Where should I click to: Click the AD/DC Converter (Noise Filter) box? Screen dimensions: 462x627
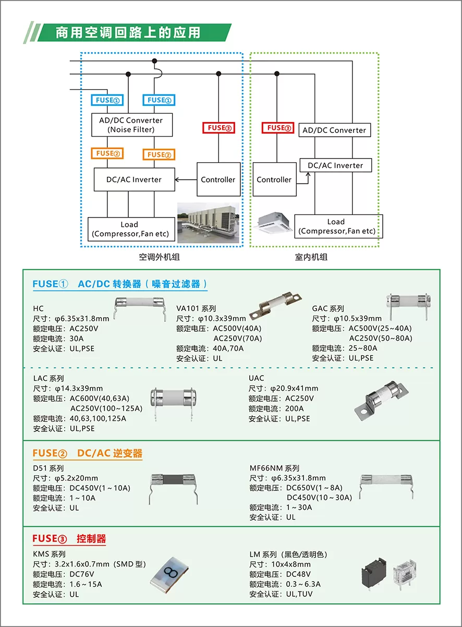pos(132,125)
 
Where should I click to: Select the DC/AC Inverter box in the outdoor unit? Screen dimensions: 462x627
pos(135,179)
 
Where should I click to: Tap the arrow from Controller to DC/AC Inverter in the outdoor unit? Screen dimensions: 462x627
pos(186,179)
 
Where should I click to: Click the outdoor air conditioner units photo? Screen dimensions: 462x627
pos(208,223)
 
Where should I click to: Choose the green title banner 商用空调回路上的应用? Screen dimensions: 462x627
pos(128,32)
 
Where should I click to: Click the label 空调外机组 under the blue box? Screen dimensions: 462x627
pos(159,257)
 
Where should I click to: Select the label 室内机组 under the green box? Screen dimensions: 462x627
pos(311,257)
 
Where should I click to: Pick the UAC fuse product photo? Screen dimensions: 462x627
pos(382,400)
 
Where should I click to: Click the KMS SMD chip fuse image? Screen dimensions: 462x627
pos(169,575)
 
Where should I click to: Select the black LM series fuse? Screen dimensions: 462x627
pos(373,573)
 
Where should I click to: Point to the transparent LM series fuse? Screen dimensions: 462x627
pos(405,573)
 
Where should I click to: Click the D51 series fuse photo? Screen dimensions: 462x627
pos(173,489)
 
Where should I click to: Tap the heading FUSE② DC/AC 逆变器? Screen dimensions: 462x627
pos(87,453)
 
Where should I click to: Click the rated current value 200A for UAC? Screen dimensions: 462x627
pos(295,408)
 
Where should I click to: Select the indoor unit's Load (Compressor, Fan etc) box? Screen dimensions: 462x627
pos(338,226)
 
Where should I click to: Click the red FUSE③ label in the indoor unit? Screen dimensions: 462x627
pos(278,128)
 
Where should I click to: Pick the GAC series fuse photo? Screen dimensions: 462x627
pos(408,306)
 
